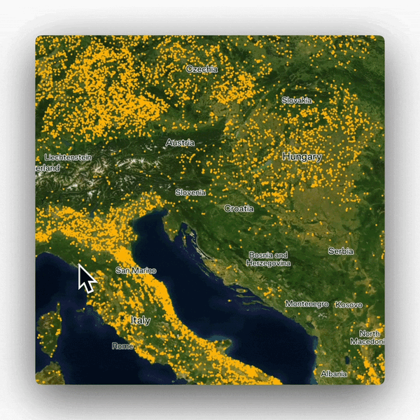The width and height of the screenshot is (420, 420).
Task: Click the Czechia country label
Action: point(202,69)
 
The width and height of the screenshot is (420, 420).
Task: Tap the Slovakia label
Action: point(297,100)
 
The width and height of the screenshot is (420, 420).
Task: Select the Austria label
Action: point(180,143)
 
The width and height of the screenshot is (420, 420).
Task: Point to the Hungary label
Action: point(302,157)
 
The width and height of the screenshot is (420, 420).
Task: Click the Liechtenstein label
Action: point(68,157)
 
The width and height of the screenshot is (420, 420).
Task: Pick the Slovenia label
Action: point(190,192)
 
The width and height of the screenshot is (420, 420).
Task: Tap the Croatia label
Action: point(239,208)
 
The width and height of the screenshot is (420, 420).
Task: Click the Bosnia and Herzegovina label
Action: point(268,259)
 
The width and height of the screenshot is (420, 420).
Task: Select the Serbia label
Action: point(341,251)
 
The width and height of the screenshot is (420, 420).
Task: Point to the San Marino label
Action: point(136,270)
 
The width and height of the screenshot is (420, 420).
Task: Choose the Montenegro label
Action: point(307,304)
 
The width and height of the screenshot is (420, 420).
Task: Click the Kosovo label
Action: point(349,304)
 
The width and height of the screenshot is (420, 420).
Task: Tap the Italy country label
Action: point(141,320)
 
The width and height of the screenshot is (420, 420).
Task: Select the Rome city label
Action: point(122,346)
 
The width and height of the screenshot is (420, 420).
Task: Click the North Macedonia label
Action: point(371,337)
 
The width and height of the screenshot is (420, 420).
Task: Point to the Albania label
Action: point(333,374)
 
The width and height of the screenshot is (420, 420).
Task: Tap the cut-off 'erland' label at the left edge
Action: point(48,169)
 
